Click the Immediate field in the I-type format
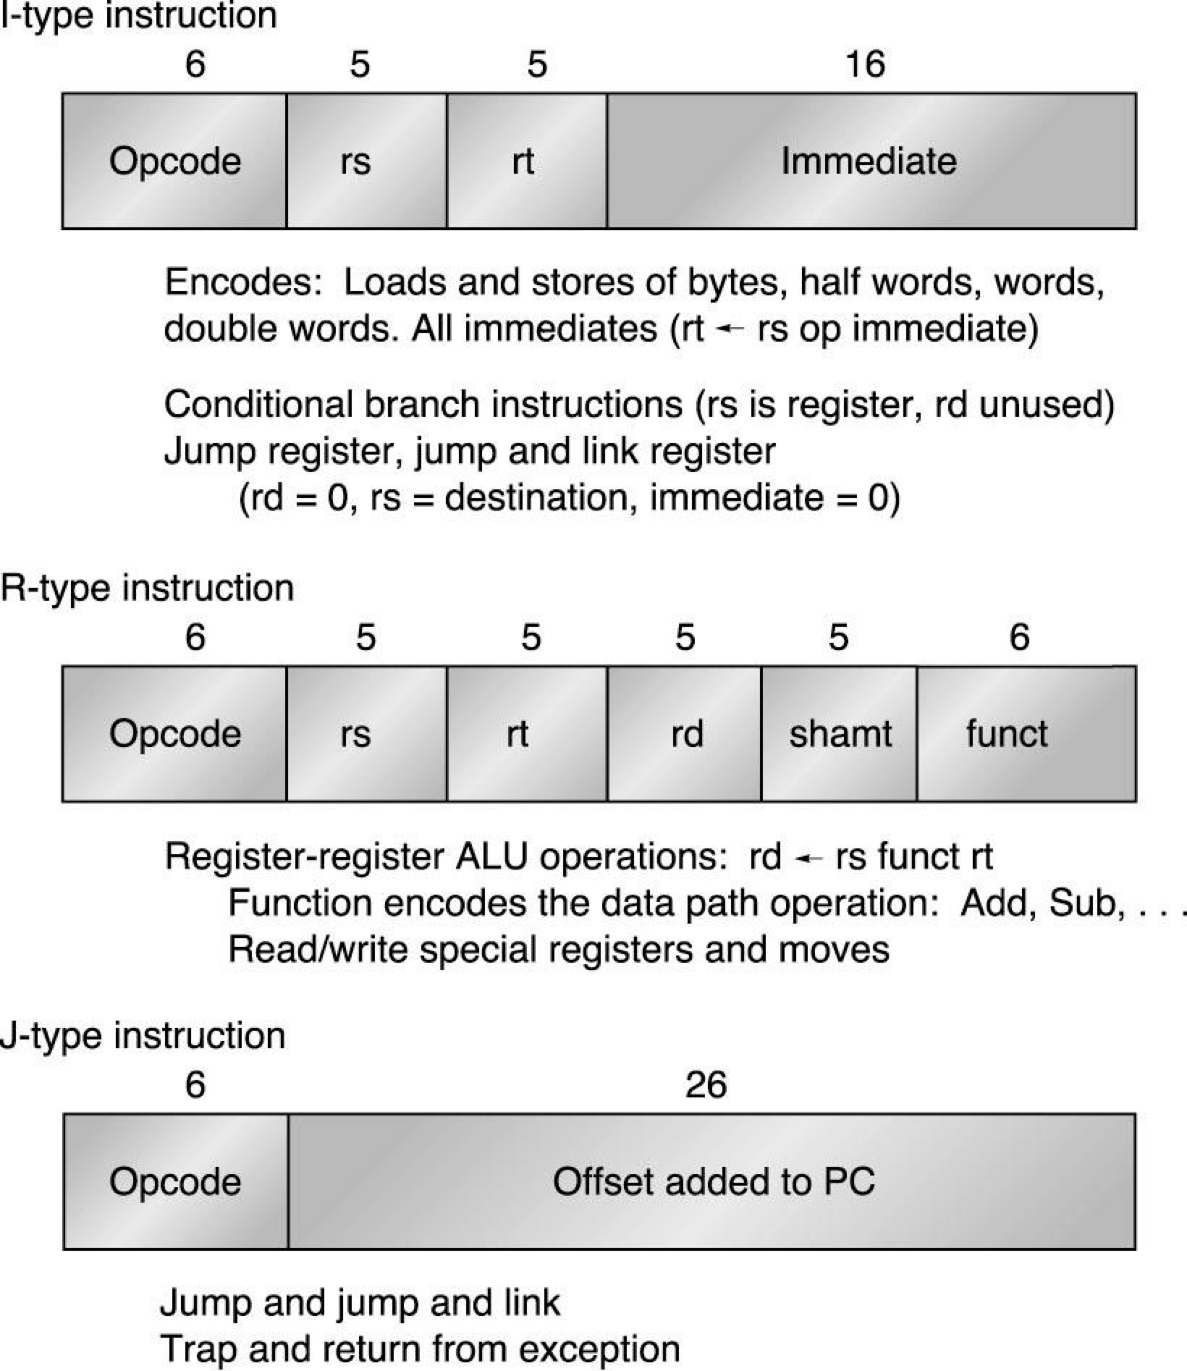point(871,161)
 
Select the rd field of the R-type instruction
point(685,733)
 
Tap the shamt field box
point(839,733)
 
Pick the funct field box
point(1026,733)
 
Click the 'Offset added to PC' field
point(711,1181)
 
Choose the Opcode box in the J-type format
point(175,1181)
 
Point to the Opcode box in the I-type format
point(174,161)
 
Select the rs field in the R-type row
point(366,733)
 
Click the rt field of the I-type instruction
point(526,161)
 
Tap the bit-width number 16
point(865,64)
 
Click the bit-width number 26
point(706,1084)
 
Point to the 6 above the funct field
point(1019,637)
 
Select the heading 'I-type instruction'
point(139,16)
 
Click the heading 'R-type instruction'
point(147,588)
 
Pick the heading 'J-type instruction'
point(143,1035)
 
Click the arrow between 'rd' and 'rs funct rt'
point(808,859)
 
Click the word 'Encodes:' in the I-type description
point(243,282)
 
